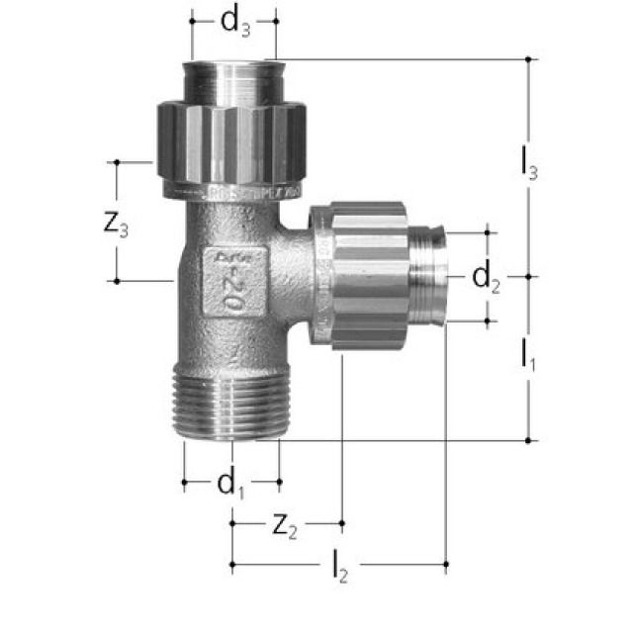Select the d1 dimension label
point(230,485)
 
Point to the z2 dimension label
point(284,528)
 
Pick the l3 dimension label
point(529,165)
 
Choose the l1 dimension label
point(529,357)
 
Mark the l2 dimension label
point(340,569)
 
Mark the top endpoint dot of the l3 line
point(529,59)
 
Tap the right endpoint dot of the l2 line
point(446,566)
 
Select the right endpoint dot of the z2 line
point(341,521)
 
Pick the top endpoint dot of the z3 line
point(117,162)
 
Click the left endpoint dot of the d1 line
point(184,483)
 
